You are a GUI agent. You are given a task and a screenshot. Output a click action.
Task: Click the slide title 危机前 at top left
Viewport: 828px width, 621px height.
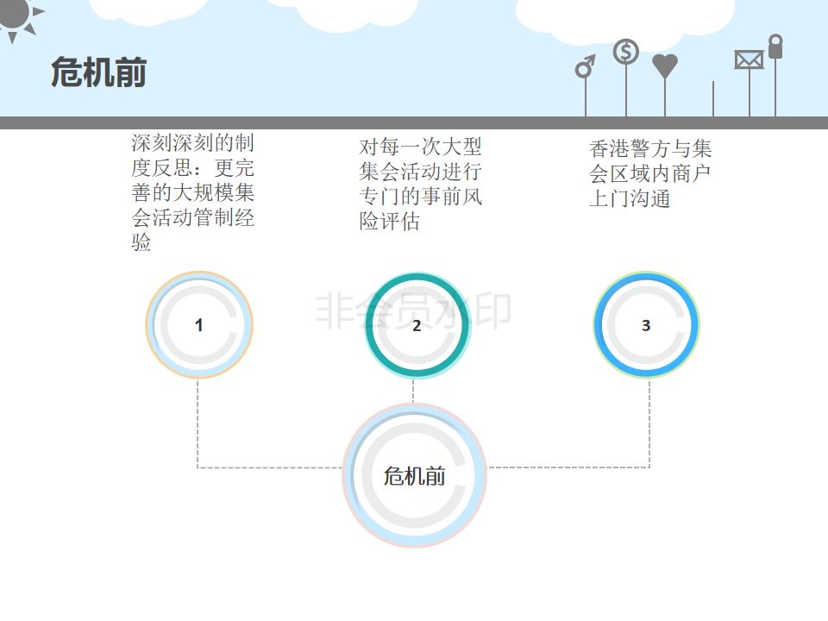pos(98,72)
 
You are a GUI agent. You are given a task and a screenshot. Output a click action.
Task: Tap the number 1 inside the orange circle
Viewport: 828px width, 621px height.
pos(199,325)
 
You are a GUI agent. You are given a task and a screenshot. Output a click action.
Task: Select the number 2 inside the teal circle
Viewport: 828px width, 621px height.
pos(417,325)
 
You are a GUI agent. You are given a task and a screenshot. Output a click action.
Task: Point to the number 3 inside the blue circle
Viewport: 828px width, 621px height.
pos(646,325)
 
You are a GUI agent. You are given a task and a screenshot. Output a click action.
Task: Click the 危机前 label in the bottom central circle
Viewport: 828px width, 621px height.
pos(415,476)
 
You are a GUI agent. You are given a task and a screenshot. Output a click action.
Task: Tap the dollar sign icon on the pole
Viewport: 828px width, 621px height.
pos(626,53)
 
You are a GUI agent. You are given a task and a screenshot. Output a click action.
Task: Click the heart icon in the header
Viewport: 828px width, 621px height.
pos(665,66)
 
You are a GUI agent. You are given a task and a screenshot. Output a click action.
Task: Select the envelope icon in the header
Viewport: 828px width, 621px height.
pos(749,60)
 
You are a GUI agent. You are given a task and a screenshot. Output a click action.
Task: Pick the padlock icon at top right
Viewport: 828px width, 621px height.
pos(775,47)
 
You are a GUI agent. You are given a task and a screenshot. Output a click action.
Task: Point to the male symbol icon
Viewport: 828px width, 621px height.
pos(586,66)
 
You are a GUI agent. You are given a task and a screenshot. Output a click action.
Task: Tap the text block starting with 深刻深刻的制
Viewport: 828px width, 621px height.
pos(192,192)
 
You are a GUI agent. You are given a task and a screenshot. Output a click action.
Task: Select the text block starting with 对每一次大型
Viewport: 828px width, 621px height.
pos(420,184)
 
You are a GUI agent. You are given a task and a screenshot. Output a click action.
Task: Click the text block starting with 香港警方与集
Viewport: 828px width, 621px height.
pos(650,174)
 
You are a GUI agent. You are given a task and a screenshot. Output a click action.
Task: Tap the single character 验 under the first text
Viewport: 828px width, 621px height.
pos(141,243)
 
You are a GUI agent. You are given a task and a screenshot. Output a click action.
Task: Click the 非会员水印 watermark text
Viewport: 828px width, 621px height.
pos(413,310)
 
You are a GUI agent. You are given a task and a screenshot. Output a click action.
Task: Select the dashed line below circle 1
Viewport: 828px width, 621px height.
pos(198,423)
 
